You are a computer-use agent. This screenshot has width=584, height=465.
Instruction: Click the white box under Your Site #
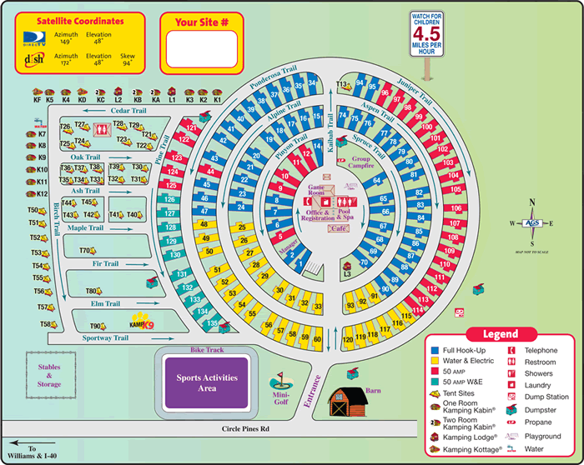(x=201, y=49)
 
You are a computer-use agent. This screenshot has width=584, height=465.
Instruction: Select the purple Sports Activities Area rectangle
(x=207, y=382)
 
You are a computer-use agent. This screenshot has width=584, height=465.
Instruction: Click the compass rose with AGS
(x=530, y=222)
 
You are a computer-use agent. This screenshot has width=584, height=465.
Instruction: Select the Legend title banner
(x=500, y=333)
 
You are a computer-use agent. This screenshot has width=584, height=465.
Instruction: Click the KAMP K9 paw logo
(x=142, y=324)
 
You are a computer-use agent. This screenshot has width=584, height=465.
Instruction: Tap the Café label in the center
(x=339, y=227)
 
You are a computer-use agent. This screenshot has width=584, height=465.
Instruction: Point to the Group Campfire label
(x=360, y=162)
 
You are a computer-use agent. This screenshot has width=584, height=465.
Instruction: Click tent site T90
(x=98, y=326)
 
